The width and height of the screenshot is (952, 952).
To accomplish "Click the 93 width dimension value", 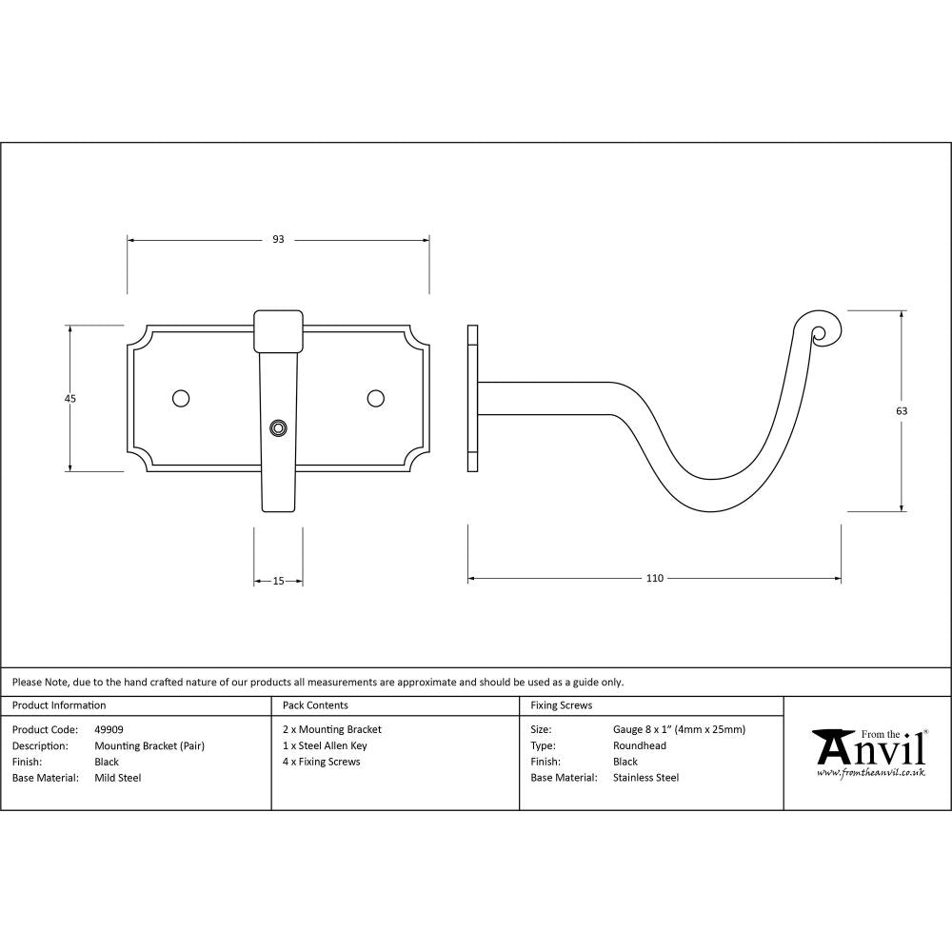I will pos(278,240).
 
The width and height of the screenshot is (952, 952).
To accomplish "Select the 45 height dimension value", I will pos(69,398).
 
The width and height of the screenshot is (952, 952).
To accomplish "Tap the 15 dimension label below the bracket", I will pos(278,581).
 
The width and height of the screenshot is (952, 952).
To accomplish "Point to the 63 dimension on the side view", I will pos(902,411).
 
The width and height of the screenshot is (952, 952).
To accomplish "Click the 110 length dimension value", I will pos(654,578).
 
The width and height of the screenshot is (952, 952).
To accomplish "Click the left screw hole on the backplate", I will pos(180,397).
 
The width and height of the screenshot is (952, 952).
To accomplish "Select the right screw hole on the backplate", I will pos(376,397).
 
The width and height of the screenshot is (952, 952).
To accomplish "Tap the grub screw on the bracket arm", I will pos(278,428).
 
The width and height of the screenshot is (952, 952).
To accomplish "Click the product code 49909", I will pos(109,730).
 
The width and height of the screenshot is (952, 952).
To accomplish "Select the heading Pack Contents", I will pos(315,705).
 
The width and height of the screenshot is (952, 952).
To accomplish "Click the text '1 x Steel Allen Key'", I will pos(325,746).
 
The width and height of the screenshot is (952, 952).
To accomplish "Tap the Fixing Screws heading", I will pos(561,705).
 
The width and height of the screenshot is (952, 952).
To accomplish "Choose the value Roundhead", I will pos(640,746).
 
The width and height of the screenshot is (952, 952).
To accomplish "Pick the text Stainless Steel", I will pos(645,778).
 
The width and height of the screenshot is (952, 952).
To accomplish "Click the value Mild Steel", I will pos(117,778).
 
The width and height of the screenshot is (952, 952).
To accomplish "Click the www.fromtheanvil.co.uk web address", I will pos(870,773).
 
